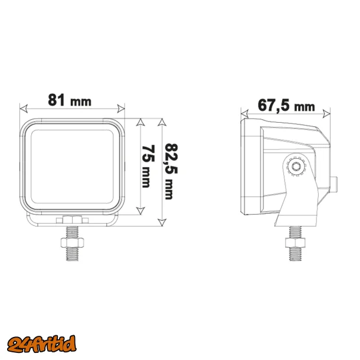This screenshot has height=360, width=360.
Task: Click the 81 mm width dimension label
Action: pyautogui.click(x=70, y=100)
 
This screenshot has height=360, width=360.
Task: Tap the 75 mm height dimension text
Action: pyautogui.click(x=148, y=166)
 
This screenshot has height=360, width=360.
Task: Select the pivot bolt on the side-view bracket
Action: pyautogui.click(x=295, y=167)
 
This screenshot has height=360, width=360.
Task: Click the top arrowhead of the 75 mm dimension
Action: pyautogui.click(x=140, y=122)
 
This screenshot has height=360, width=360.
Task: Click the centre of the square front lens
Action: pyautogui.click(x=73, y=166)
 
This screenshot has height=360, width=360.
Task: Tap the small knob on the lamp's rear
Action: pyautogui.click(x=335, y=184)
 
